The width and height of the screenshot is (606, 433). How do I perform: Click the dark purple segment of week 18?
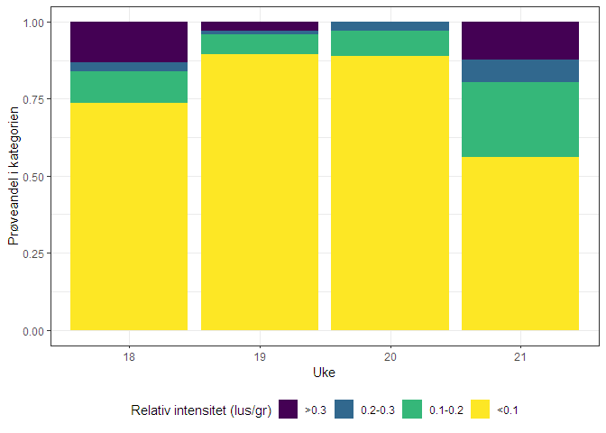tap(129, 41)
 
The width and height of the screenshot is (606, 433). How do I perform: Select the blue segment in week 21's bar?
tap(520, 70)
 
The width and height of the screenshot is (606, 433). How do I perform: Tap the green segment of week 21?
tap(520, 119)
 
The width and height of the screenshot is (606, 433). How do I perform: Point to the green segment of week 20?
tap(390, 43)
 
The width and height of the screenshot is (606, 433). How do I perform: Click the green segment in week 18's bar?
tap(129, 87)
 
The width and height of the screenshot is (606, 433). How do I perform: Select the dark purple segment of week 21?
tap(520, 40)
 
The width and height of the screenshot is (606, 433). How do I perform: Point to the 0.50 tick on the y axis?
tap(33, 176)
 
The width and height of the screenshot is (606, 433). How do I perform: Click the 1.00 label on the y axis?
tap(33, 22)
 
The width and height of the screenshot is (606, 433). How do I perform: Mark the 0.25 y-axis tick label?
tap(33, 253)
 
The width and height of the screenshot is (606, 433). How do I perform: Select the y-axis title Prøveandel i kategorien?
tap(14, 176)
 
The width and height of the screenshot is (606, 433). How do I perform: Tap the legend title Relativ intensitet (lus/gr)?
tap(201, 410)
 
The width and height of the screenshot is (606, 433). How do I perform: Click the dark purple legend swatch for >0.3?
tap(289, 410)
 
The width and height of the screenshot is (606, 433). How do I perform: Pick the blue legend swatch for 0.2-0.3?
tap(344, 410)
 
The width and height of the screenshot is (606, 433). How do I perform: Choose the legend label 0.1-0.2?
tap(446, 410)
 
